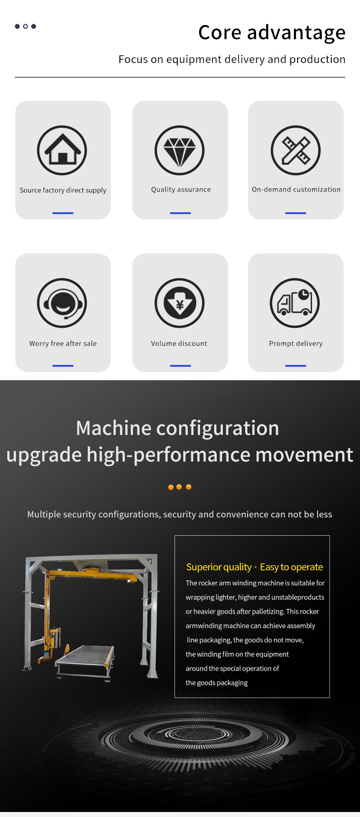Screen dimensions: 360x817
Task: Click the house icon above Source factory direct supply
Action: coord(62,150)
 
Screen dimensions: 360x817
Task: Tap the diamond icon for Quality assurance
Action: coord(180,150)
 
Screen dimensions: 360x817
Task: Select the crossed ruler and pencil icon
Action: coord(296,150)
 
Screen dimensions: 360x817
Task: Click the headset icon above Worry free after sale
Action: coord(62,303)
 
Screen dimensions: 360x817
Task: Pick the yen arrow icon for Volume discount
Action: coord(180,303)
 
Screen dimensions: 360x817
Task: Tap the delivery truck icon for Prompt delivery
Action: coord(295,303)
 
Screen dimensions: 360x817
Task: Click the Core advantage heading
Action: coord(272,33)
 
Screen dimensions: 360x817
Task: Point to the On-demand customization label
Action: coord(296,189)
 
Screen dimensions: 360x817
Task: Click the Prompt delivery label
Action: coord(296,343)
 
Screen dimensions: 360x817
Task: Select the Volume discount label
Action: coord(179,343)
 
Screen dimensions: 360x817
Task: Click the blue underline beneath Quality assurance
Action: coord(180,213)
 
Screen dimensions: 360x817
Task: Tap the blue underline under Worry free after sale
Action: coord(63,366)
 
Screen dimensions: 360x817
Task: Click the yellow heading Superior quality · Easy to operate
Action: coord(255,567)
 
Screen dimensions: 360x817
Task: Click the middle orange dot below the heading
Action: coord(179,487)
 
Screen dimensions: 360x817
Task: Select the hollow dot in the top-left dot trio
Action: coord(26,26)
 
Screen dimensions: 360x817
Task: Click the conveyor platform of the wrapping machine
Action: coord(85,662)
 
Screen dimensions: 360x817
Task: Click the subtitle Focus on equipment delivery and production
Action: coord(232,59)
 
